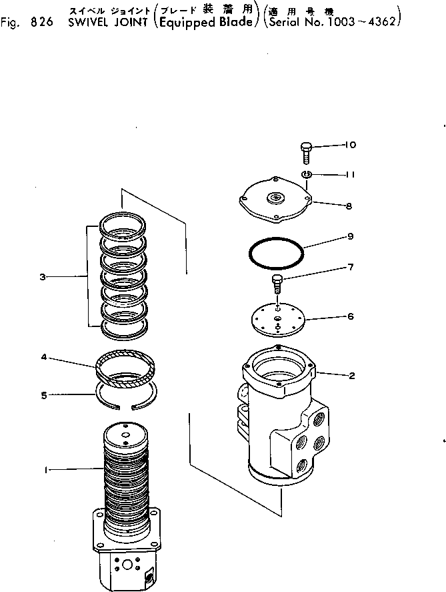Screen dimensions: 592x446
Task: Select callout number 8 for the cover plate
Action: [349, 206]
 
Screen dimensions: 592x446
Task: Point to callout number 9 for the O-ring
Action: [349, 236]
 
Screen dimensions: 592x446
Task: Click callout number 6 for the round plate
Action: [349, 316]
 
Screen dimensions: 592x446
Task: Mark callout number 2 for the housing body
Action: [351, 375]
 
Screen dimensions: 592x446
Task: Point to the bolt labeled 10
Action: [307, 152]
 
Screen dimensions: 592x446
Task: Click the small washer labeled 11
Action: [307, 175]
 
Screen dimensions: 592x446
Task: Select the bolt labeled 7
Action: [277, 284]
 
